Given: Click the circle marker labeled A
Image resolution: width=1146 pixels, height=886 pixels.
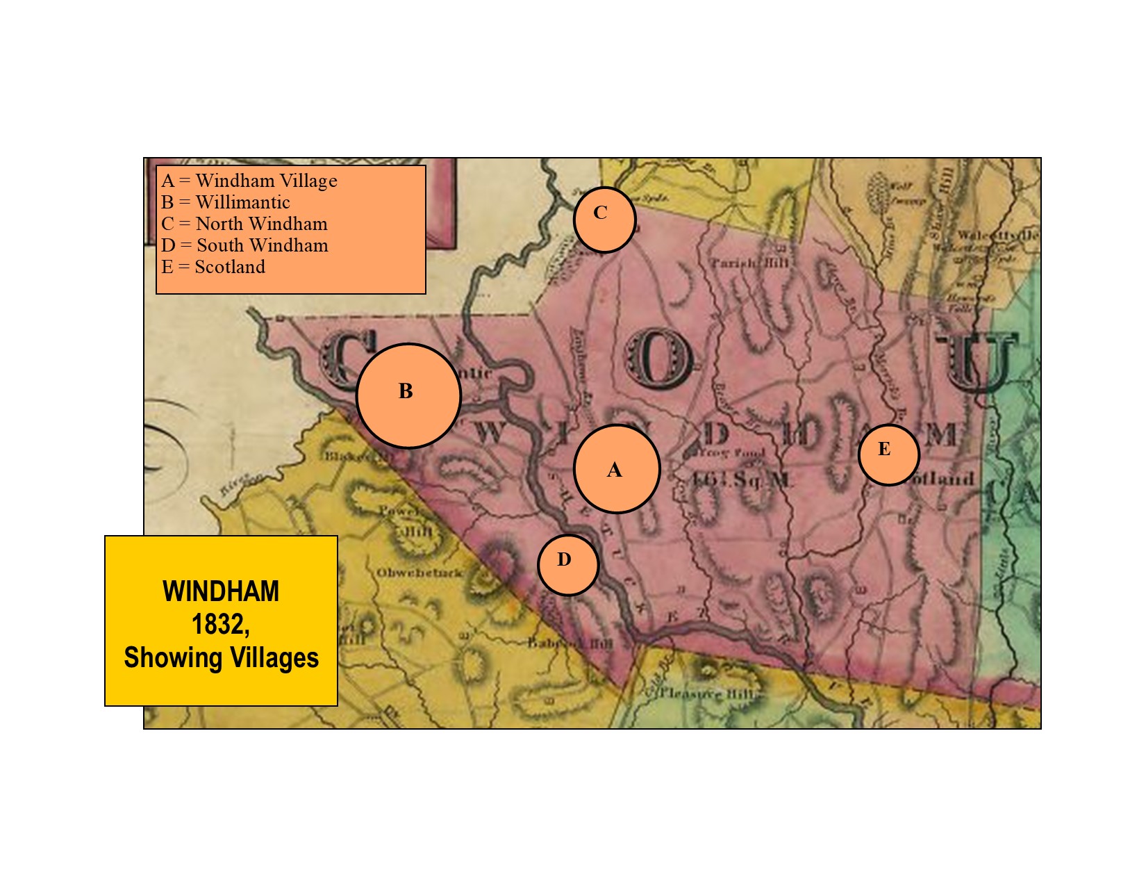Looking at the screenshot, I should click(616, 469).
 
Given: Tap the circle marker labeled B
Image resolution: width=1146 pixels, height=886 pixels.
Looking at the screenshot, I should click(408, 395).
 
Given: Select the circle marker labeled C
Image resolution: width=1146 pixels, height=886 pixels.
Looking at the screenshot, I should click(604, 219).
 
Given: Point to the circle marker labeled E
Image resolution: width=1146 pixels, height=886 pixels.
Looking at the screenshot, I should click(888, 454).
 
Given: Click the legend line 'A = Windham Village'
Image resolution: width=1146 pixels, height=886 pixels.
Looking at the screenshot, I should click(249, 181).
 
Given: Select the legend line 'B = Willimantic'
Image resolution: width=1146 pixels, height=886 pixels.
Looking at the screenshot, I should click(226, 203).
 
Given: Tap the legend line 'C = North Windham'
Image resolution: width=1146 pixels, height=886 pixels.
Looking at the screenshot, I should click(244, 224).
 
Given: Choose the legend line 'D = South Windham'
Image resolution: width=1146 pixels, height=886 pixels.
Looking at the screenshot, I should click(244, 246).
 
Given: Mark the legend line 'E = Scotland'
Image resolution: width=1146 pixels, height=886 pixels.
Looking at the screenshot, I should click(213, 268).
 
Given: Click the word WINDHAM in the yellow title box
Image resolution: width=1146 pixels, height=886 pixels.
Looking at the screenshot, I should click(221, 591).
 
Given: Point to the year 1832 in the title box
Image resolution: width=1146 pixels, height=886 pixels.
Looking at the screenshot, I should click(221, 624).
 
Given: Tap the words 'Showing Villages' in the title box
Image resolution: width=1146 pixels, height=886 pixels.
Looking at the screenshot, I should click(221, 657).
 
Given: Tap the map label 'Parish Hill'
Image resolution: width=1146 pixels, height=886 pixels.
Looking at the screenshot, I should click(749, 263).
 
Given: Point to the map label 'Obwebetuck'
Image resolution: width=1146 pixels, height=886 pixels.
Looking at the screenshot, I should click(419, 573).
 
